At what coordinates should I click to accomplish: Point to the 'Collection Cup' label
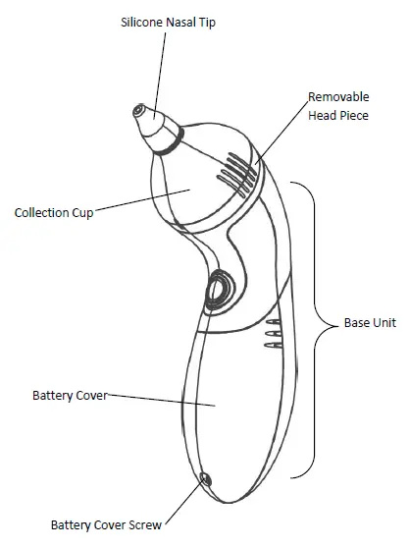point(54,212)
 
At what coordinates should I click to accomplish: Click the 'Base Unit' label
point(370,322)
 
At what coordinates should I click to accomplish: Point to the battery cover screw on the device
point(205,478)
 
